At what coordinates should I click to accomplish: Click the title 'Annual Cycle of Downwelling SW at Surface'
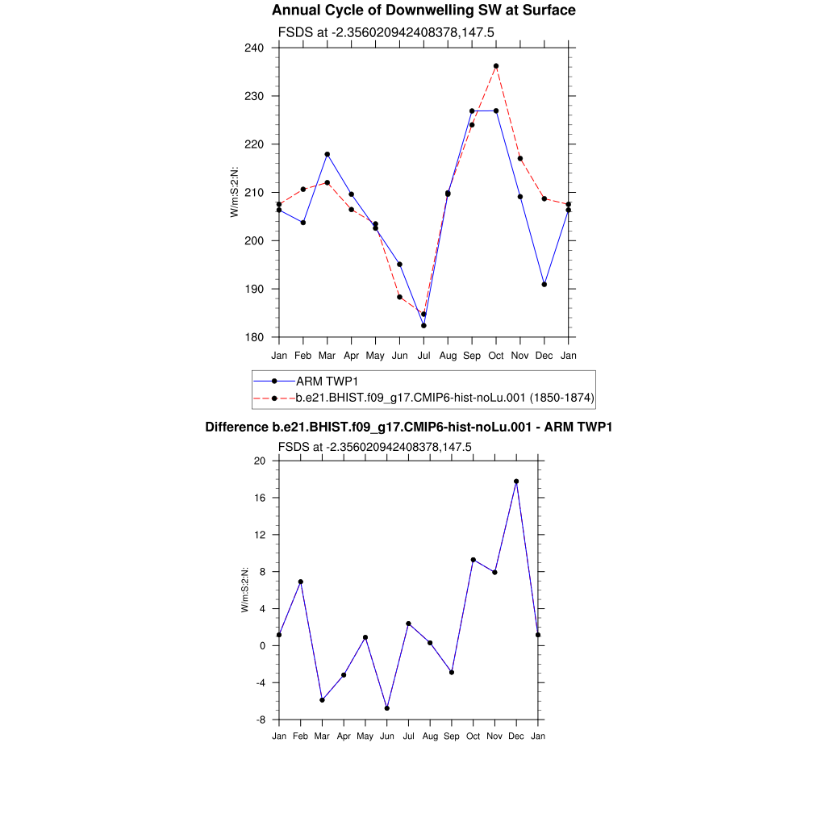[x=423, y=10]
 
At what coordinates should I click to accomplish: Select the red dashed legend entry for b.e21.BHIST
[x=444, y=398]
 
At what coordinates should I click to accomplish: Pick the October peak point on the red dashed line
[x=496, y=66]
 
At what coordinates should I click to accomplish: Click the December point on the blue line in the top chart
[x=544, y=285]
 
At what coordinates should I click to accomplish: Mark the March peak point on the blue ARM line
[x=327, y=154]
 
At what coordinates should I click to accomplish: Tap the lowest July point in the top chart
[x=423, y=325]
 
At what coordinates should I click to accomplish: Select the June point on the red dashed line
[x=399, y=297]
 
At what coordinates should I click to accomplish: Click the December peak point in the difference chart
[x=516, y=482]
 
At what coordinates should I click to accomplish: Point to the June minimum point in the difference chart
[x=387, y=708]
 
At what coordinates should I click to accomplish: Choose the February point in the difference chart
[x=301, y=582]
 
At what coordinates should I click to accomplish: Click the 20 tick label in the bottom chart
[x=260, y=461]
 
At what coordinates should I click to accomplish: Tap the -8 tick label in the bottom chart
[x=260, y=720]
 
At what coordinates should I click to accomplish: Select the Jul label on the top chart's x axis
[x=423, y=356]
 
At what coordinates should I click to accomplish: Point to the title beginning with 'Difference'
[x=408, y=427]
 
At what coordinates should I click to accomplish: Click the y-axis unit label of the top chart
[x=235, y=192]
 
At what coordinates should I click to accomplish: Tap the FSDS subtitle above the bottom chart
[x=374, y=446]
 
